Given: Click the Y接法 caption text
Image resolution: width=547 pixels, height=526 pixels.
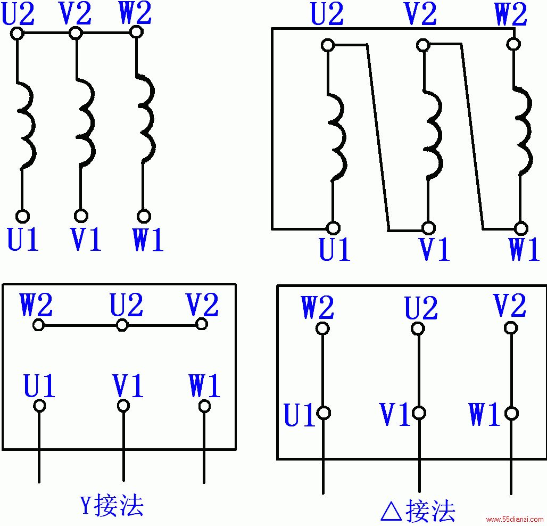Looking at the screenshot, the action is (x=112, y=505).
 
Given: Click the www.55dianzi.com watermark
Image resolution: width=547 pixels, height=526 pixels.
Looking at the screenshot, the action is (x=516, y=520).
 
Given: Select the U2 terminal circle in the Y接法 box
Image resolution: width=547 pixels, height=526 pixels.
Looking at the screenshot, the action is (x=122, y=325).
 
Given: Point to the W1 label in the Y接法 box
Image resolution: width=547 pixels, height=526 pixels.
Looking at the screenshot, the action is (x=204, y=385).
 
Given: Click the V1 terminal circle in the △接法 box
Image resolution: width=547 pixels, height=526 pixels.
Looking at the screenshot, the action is (x=419, y=413).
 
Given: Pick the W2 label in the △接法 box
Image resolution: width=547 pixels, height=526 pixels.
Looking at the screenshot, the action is (x=318, y=307).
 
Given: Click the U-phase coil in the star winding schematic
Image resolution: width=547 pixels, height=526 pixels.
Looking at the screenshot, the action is (x=27, y=126).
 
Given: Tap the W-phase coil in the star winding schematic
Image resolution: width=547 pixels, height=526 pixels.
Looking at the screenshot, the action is (x=146, y=118).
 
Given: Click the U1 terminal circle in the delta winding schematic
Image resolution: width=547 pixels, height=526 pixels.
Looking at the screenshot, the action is (x=333, y=228).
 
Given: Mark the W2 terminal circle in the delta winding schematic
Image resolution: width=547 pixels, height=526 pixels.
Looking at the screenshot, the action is (x=513, y=44).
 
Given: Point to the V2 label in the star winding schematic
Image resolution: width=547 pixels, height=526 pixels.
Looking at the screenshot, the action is (x=76, y=13).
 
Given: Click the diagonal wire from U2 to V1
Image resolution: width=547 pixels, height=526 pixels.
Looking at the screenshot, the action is (x=378, y=137).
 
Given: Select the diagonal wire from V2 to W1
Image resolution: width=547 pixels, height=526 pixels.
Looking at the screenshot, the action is (x=473, y=136).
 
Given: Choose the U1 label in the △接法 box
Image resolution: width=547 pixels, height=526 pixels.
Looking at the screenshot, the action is (x=300, y=415).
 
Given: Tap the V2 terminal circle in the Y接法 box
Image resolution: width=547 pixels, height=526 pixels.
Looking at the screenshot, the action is (x=202, y=324).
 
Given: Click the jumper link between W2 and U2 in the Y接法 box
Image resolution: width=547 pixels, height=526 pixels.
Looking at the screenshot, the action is (x=80, y=326).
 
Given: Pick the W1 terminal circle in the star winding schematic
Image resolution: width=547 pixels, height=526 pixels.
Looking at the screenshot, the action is (x=143, y=216).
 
